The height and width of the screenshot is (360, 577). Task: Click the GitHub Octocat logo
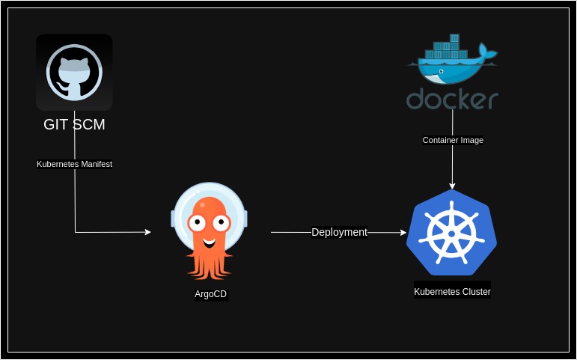point(74,72)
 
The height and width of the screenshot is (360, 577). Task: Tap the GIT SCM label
point(74,124)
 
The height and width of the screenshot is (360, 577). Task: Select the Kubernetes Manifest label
point(74,164)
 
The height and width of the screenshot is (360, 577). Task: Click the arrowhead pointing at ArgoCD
point(147,232)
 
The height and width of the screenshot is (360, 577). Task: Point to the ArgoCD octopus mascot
point(209,229)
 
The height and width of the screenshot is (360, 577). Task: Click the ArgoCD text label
point(210,294)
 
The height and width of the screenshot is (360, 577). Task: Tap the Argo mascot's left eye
point(198,222)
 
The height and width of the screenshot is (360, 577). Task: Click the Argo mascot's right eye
point(222,222)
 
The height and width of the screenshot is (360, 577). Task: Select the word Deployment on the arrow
point(339,232)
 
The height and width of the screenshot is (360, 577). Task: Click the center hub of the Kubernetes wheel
point(451,234)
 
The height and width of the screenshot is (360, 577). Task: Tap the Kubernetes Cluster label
point(452,292)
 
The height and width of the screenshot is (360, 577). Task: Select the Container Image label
point(453,140)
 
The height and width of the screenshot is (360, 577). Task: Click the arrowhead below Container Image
point(452,186)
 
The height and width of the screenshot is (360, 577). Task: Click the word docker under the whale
point(452,100)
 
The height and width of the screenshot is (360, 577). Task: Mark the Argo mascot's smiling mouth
point(210,242)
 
